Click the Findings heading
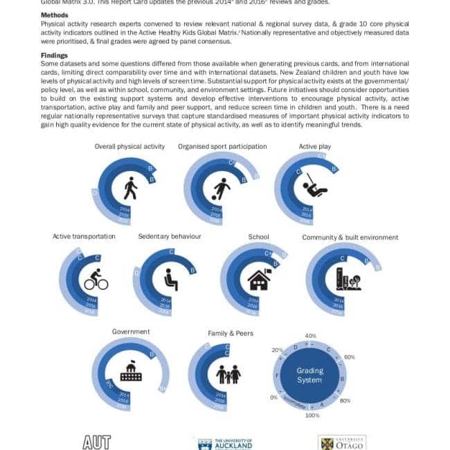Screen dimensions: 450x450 pos(53,55)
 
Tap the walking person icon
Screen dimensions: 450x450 pos(129,187)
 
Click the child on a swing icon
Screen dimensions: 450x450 pos(316,185)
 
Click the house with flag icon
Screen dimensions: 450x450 pos(259,278)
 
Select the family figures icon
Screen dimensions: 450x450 pos(228,373)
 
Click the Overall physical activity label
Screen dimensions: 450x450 pos(129,146)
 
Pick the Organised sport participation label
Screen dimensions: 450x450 pos(222,146)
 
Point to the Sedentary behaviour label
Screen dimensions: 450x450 pos(170,236)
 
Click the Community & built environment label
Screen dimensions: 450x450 pos(350,237)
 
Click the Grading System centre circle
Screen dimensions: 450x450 pos(309,375)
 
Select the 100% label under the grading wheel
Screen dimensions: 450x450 pos(312,415)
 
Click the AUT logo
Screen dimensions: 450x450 pos(97,442)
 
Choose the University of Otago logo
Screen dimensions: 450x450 pos(342,442)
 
